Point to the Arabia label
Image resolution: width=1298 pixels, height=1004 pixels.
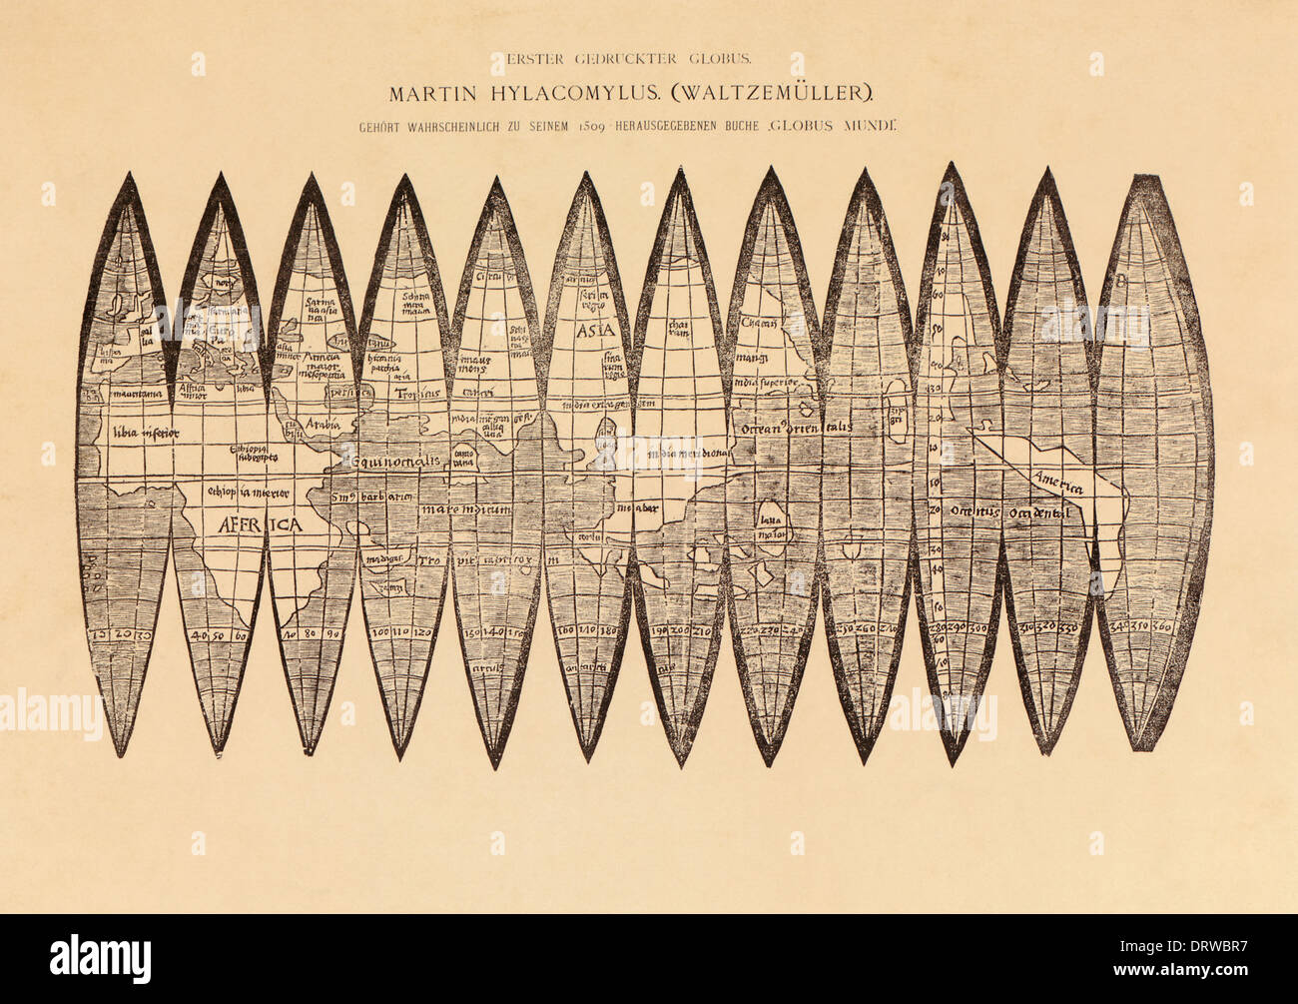click(323, 424)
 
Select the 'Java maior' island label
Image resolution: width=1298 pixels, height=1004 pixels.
click(769, 525)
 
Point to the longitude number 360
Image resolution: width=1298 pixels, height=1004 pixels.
click(1161, 627)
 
